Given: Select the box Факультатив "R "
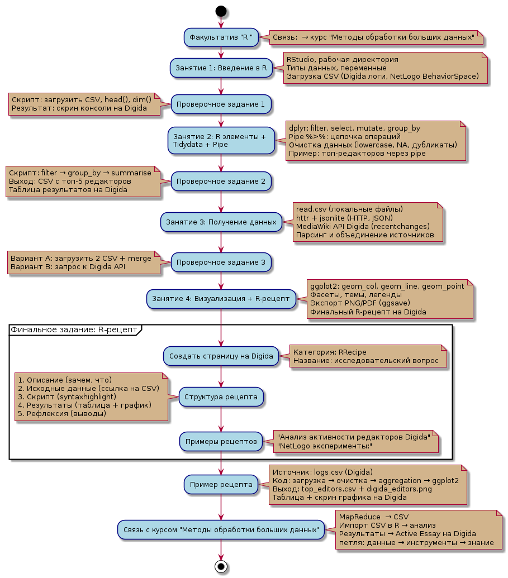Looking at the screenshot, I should tap(221, 37).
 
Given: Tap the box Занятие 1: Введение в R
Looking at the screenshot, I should tap(221, 68).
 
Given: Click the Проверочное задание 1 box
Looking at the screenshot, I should tap(221, 104).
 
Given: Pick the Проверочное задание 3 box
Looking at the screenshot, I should tap(221, 261).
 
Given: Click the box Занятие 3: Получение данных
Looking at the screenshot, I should tap(221, 222).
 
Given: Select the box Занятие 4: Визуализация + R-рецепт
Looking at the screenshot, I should tap(221, 299).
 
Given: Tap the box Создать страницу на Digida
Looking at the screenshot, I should tap(221, 356).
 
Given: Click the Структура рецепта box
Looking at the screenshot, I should tap(221, 397).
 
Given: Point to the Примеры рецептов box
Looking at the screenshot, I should tap(221, 441).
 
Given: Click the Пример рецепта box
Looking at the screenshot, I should tap(221, 484).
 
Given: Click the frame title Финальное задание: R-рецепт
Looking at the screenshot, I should tap(74, 329).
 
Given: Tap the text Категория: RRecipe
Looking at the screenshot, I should tap(330, 352).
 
